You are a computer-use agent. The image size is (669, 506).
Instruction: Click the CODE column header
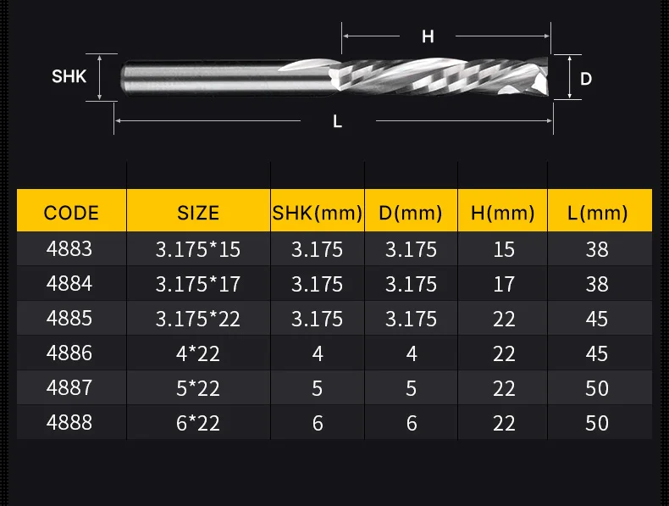[x=71, y=213]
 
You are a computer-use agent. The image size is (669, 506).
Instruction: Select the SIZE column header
[x=198, y=213]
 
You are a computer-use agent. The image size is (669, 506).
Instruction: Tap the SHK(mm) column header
[x=318, y=213]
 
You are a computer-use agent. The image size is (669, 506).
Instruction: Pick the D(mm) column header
[x=411, y=213]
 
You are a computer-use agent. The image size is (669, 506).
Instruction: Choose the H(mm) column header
[x=503, y=213]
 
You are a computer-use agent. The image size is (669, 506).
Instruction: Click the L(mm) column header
[x=597, y=213]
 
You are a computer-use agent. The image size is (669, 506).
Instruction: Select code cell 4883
[x=69, y=248]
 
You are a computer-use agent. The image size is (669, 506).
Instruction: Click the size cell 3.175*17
[x=198, y=284]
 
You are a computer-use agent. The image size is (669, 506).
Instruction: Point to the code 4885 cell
[x=69, y=318]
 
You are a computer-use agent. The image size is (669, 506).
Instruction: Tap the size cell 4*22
[x=198, y=353]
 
